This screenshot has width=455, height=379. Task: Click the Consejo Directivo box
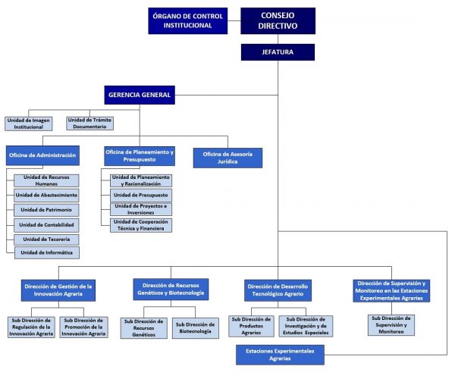click(278, 20)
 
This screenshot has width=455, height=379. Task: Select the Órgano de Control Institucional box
click(187, 20)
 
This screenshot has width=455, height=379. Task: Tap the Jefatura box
click(278, 52)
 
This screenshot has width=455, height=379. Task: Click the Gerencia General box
click(139, 95)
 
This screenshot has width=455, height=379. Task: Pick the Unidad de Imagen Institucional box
click(28, 123)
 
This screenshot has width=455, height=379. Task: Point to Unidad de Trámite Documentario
click(90, 123)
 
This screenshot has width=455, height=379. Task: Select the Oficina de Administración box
click(42, 155)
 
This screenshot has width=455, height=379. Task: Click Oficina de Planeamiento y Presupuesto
click(140, 155)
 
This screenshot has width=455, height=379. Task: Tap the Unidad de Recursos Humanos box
click(46, 180)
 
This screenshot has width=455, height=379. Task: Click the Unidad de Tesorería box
click(46, 239)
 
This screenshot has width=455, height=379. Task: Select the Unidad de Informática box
click(46, 252)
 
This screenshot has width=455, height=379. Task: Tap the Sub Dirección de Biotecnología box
click(195, 327)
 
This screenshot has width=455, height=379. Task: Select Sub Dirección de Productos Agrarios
click(250, 326)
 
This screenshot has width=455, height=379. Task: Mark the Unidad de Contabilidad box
click(46, 224)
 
